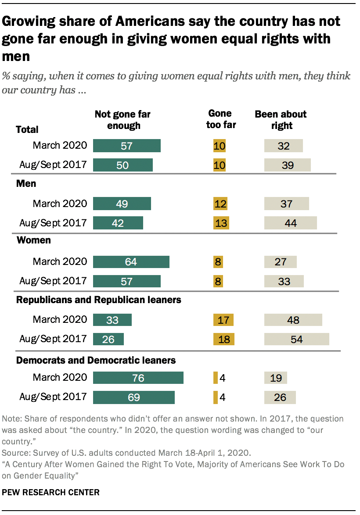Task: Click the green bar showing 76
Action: (x=138, y=378)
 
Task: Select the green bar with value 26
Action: (x=108, y=340)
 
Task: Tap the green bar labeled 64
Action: (x=131, y=262)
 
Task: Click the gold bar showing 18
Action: (x=223, y=340)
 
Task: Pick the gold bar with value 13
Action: (x=221, y=223)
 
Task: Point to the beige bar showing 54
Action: (x=296, y=340)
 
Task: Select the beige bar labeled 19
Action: (x=276, y=378)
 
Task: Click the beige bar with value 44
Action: (x=290, y=223)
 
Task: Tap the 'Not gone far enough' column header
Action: (x=122, y=120)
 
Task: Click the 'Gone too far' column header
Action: (x=222, y=119)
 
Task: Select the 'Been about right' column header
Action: (x=281, y=120)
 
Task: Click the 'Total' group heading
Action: (x=27, y=129)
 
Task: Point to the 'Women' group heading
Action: (x=33, y=240)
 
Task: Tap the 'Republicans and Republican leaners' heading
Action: (x=99, y=300)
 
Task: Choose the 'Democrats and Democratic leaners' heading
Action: (x=96, y=360)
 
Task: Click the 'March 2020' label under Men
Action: (x=60, y=204)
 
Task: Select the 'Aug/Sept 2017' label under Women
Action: (x=53, y=281)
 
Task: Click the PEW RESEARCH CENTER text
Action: (x=51, y=493)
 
